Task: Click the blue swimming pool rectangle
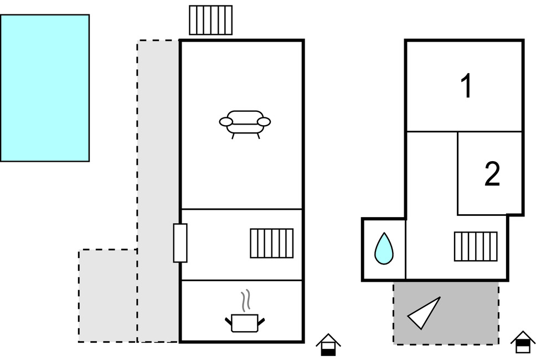(44, 88)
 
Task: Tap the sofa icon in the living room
(245, 122)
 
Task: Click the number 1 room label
(467, 86)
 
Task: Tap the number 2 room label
(492, 174)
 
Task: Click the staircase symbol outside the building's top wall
(210, 20)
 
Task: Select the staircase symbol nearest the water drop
(475, 246)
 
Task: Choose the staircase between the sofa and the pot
(271, 243)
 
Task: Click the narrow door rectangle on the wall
(180, 243)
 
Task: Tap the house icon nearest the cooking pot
(328, 344)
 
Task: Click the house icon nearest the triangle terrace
(522, 342)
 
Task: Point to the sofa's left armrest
(226, 122)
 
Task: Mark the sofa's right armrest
(264, 122)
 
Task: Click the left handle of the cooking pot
(228, 321)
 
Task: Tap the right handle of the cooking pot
(261, 321)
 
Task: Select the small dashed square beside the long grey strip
(108, 295)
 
